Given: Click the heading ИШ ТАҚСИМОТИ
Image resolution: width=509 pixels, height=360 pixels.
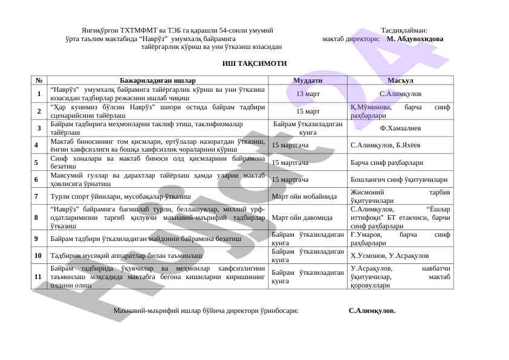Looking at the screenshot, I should [254, 63].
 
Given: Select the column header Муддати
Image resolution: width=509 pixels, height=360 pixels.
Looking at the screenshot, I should [308, 80].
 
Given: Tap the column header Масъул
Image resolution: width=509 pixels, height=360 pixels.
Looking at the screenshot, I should [400, 80].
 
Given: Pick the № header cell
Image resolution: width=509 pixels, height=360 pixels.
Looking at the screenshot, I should [39, 80].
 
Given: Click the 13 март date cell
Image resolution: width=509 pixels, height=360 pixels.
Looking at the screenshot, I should [308, 94].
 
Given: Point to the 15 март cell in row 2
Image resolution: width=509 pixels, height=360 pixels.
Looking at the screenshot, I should [308, 111].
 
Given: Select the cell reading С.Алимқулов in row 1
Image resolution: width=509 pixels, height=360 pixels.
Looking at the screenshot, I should [400, 94].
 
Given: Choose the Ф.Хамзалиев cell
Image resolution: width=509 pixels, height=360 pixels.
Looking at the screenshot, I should [400, 127].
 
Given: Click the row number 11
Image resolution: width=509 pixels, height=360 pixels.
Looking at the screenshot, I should [38, 276].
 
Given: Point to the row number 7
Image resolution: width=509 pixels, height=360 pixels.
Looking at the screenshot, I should [37, 196].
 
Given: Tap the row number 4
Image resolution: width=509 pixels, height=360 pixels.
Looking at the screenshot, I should [37, 145].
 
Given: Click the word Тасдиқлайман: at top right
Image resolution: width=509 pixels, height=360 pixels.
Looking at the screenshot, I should [404, 30].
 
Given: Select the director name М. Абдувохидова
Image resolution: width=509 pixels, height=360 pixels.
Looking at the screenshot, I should [415, 38].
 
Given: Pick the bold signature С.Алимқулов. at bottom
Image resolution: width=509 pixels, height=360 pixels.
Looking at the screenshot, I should [372, 310].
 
